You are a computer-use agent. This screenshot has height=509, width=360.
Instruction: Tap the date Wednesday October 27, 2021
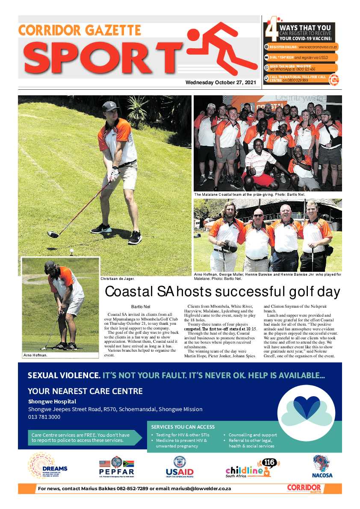pyautogui.click(x=221, y=83)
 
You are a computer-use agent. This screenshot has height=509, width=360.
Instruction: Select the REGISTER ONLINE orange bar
pyautogui.click(x=301, y=47)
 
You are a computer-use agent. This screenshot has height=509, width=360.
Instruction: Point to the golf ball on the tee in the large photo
pyautogui.click(x=71, y=251)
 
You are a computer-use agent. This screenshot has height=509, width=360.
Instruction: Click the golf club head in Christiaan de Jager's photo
pyautogui.click(x=52, y=234)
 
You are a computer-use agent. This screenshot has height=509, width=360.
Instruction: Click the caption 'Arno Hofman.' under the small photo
pyautogui.click(x=35, y=355)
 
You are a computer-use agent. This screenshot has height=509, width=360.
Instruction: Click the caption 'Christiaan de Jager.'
pyautogui.click(x=118, y=279)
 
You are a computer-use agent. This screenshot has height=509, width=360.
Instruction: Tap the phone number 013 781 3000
pyautogui.click(x=44, y=417)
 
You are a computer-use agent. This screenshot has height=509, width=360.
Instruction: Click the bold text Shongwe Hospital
pyautogui.click(x=52, y=401)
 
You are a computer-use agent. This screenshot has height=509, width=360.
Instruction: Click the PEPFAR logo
pyautogui.click(x=117, y=467)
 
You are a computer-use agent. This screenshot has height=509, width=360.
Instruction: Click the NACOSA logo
pyautogui.click(x=322, y=466)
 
